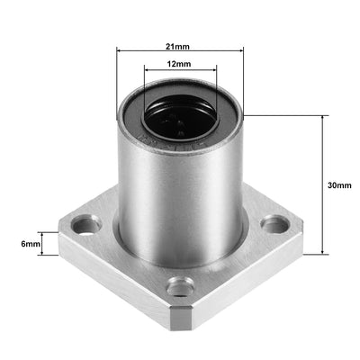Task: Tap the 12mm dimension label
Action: (179, 65)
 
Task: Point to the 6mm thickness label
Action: (31, 244)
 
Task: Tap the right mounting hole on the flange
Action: (270, 226)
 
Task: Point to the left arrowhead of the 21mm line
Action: (119, 51)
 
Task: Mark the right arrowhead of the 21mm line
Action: (240, 51)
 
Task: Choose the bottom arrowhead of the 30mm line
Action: (322, 253)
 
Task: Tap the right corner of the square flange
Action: (300, 236)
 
